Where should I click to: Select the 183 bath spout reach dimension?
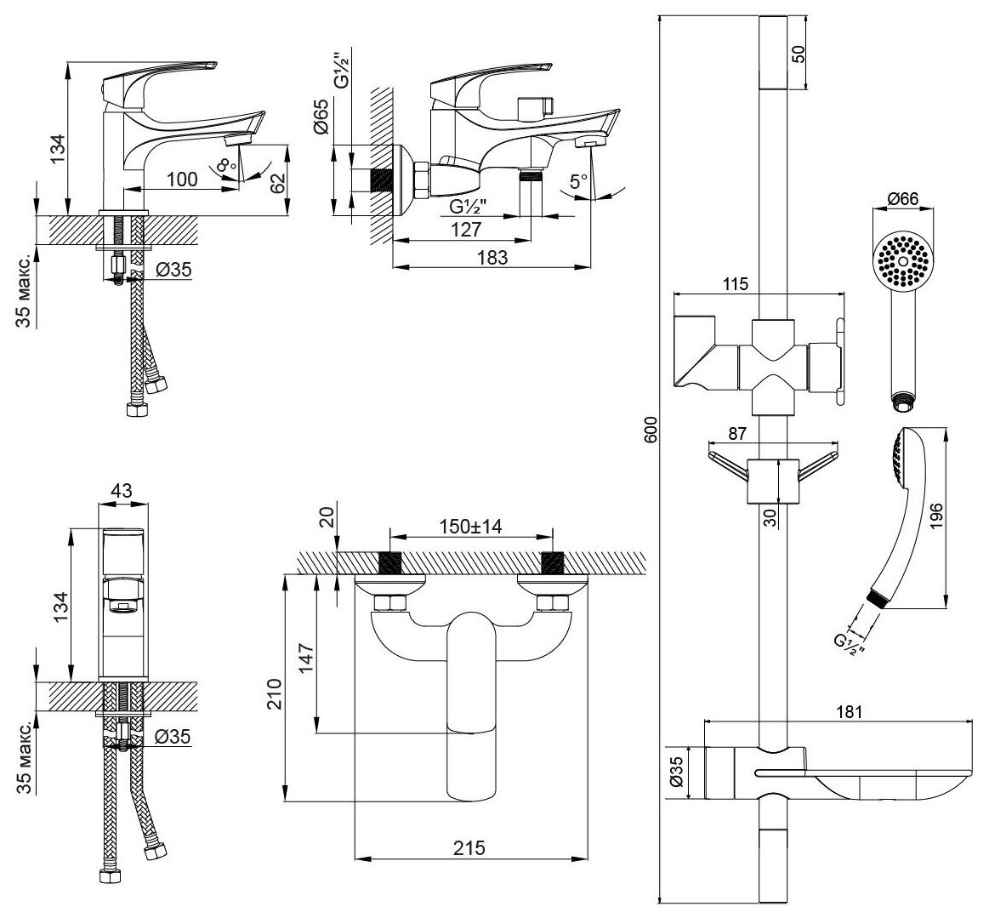492,257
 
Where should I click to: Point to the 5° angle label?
579,181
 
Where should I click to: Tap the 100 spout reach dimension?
181,179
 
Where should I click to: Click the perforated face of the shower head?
904,259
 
